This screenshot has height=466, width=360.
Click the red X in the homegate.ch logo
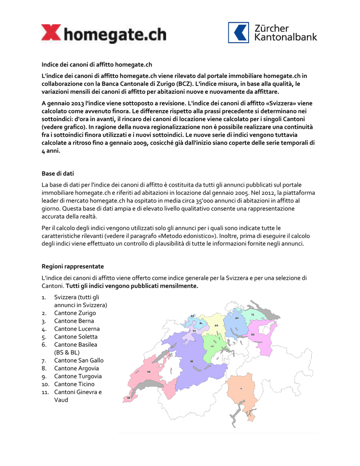tap(50, 34)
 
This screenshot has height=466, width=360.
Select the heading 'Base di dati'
tap(57, 173)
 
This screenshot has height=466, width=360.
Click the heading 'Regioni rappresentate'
tap(72, 266)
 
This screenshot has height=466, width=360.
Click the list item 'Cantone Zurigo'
tap(75, 313)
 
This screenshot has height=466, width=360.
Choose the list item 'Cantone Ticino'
tap(74, 384)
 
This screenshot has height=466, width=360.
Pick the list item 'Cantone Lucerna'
tap(76, 329)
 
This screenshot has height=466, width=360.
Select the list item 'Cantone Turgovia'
tap(78, 376)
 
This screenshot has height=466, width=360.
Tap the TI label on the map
tap(241, 389)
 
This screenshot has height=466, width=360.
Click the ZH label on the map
tap(237, 319)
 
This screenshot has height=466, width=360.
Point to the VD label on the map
tap(148, 372)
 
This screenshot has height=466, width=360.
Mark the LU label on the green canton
tap(212, 346)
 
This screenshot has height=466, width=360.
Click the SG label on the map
tap(252, 334)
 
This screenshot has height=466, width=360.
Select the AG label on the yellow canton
tap(216, 326)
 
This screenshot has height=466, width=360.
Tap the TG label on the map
tap(253, 314)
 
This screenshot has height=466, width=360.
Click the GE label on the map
tap(129, 398)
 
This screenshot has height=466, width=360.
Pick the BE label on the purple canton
tap(192, 361)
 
